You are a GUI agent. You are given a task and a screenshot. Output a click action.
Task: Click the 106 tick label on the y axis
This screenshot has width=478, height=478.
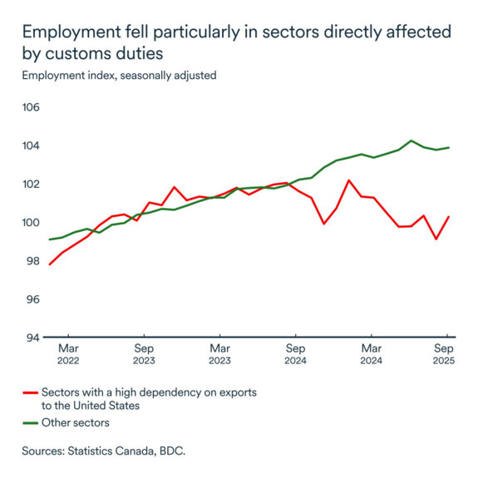pyautogui.click(x=32, y=108)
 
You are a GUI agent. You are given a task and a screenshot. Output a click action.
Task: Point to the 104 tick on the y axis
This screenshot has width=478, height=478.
pyautogui.click(x=32, y=146)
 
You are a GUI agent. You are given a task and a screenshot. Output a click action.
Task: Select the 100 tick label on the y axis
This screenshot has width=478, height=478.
pyautogui.click(x=32, y=223)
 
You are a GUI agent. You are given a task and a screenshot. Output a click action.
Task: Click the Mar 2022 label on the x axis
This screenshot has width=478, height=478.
pyautogui.click(x=68, y=354)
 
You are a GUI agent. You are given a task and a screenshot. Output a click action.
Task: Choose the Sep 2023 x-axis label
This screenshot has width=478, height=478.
pyautogui.click(x=144, y=354)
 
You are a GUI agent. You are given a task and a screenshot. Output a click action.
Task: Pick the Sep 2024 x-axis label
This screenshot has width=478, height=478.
pyautogui.click(x=295, y=354)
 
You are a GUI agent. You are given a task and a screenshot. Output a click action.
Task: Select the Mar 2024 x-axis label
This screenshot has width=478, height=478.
pyautogui.click(x=371, y=354)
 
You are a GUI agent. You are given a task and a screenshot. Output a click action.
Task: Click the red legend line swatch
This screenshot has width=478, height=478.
pyautogui.click(x=32, y=392)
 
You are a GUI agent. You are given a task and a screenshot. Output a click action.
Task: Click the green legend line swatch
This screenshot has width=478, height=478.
pyautogui.click(x=32, y=423)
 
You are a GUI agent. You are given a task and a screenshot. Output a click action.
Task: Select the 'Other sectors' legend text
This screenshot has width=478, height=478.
pyautogui.click(x=77, y=423)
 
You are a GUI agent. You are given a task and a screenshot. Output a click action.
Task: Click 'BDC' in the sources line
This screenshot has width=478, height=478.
pyautogui.click(x=172, y=451)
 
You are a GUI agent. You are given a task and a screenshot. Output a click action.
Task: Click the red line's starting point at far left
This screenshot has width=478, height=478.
pyautogui.click(x=49, y=264)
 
